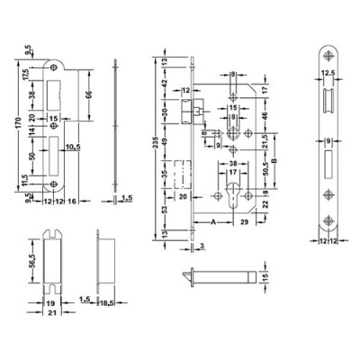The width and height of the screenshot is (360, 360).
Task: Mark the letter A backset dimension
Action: [x=211, y=220]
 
